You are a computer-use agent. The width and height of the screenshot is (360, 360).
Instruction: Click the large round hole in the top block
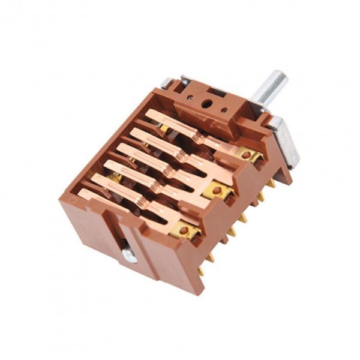206,104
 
